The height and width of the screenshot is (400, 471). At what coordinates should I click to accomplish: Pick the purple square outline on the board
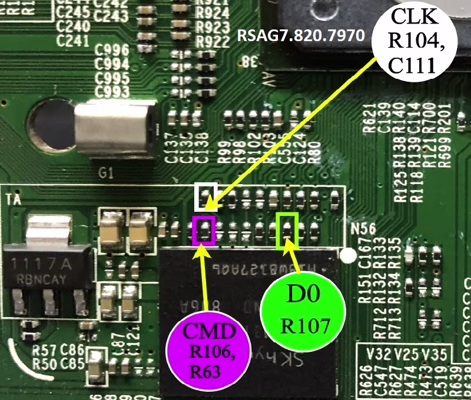tap(204, 230)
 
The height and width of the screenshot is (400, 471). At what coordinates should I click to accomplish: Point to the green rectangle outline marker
tap(287, 230)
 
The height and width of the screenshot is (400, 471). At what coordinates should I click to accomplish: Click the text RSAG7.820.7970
tap(300, 35)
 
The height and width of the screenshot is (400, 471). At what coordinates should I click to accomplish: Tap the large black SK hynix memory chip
tap(247, 318)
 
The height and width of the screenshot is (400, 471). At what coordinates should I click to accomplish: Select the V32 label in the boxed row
tap(379, 354)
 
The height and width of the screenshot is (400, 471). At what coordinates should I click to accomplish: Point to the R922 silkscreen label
tap(213, 41)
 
